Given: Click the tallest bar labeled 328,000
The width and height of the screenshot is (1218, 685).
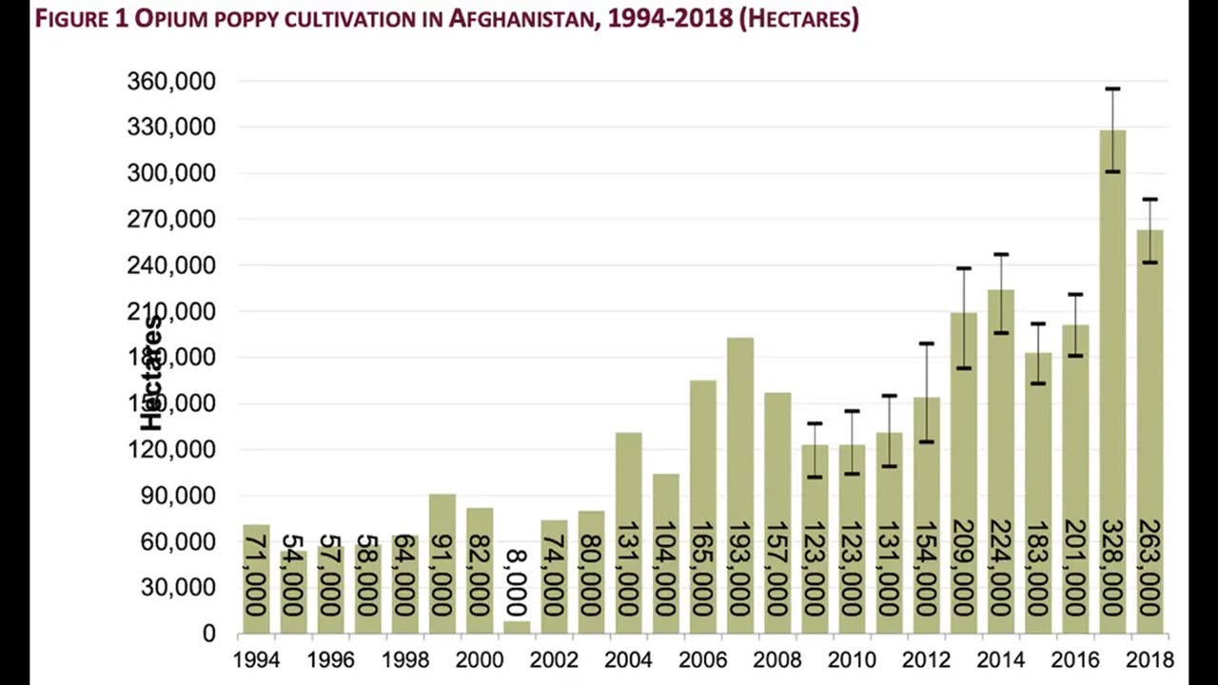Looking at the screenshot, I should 1112,381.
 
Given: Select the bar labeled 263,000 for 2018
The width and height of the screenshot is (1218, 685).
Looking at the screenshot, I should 1149,428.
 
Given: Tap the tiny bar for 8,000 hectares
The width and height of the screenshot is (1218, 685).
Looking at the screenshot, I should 517,627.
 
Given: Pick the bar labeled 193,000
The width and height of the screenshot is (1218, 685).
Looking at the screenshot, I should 740,428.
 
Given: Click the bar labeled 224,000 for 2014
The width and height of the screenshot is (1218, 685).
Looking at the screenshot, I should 1000,428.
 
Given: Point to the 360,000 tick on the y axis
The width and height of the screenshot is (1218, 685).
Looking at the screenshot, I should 171,82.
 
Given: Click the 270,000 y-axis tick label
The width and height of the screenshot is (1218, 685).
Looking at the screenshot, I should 171,220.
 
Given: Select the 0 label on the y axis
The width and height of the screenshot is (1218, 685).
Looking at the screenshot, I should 208,634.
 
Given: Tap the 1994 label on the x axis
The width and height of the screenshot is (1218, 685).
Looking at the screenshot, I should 256,659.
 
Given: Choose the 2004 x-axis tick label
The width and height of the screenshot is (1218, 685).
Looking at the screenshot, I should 628,659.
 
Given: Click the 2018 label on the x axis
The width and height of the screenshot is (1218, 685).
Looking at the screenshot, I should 1149,659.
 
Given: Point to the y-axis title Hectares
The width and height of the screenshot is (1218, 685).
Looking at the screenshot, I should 152,373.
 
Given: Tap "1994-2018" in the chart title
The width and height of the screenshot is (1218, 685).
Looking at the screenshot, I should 674,18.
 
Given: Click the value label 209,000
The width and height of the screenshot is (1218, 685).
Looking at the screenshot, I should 963,568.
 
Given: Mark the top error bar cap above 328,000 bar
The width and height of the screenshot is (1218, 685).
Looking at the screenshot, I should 1112,89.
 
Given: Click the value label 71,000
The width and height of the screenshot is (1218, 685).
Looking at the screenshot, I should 256,576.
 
